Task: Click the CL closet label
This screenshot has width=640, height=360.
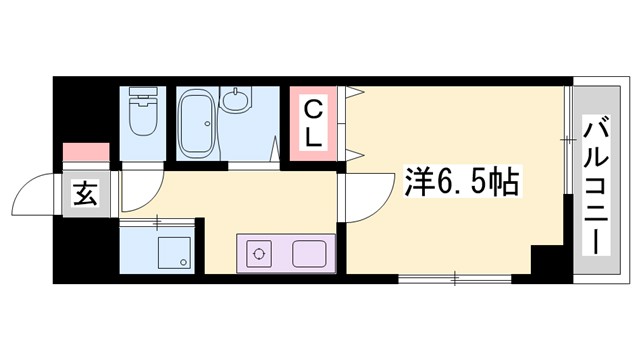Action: pyautogui.click(x=313, y=122)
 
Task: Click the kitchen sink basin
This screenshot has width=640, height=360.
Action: pyautogui.click(x=309, y=254)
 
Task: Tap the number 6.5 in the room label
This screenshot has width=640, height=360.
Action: pyautogui.click(x=460, y=184)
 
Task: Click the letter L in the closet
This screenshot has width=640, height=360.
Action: pyautogui.click(x=313, y=137)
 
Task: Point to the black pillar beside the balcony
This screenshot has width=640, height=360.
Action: pyautogui.click(x=548, y=262)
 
